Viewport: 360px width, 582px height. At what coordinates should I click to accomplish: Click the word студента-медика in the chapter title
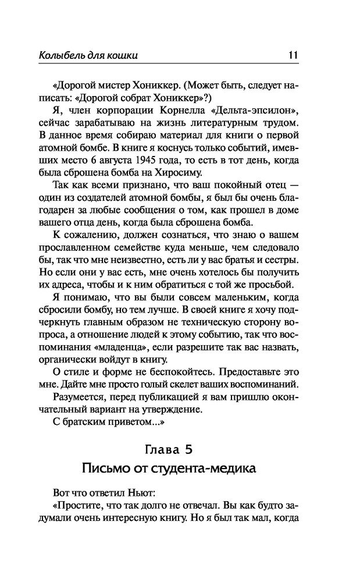point(206,469)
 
